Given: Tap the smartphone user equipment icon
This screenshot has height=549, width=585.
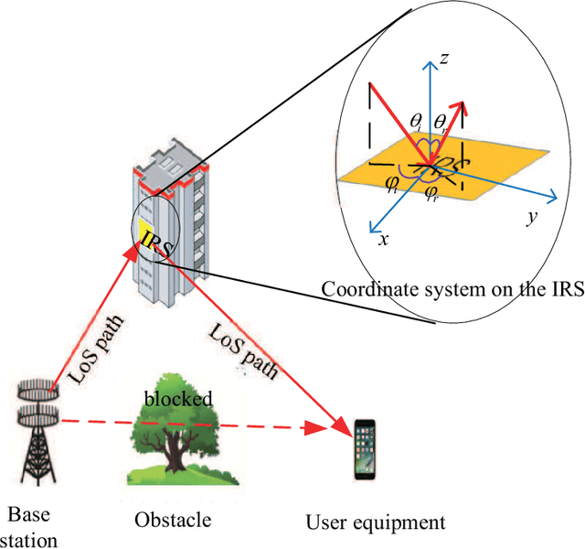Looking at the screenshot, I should click(x=366, y=448).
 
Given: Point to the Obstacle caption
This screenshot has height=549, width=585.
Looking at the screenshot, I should click(x=173, y=520).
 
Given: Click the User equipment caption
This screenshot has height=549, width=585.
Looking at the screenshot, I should click(x=376, y=522).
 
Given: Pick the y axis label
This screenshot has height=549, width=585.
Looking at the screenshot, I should click(x=529, y=217).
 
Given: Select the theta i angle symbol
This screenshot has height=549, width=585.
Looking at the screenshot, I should click(x=416, y=121).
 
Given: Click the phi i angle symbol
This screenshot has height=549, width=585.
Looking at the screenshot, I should click(x=394, y=182).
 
